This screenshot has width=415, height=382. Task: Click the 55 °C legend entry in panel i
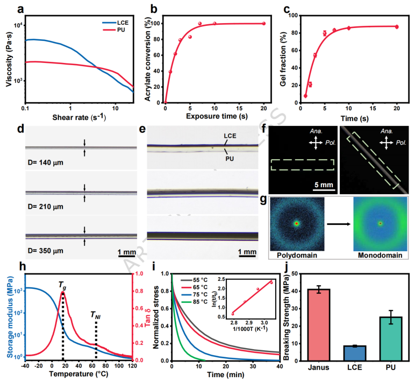click(199, 280)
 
